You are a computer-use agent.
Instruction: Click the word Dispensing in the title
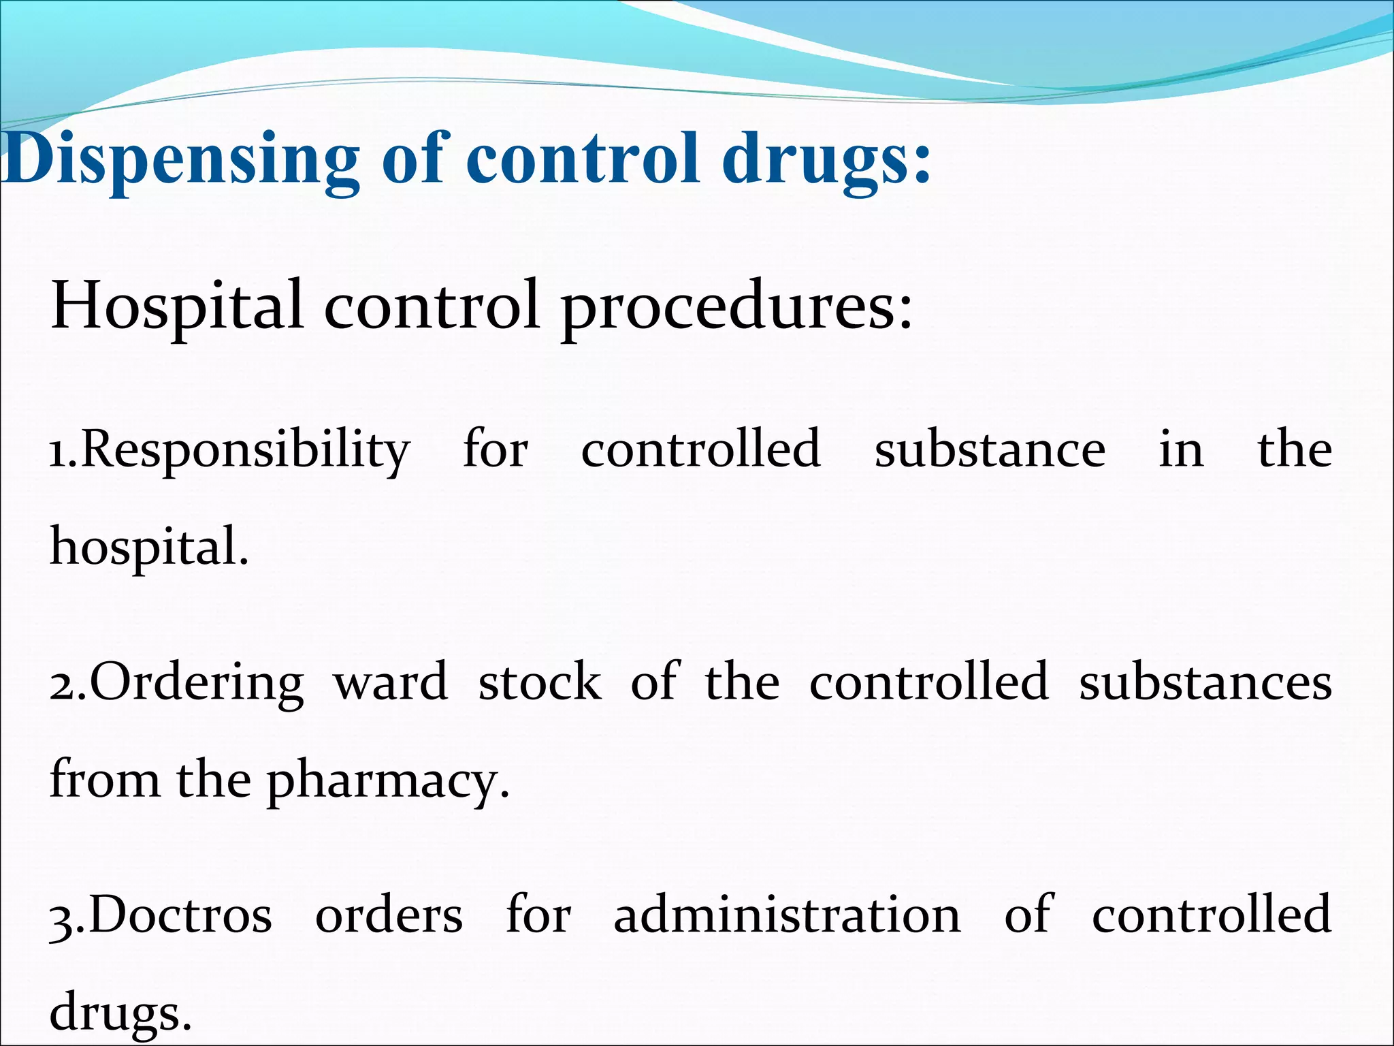click(180, 160)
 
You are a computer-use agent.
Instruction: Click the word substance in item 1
click(990, 449)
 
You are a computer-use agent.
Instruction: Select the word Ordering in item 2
click(197, 683)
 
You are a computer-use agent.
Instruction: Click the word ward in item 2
click(391, 682)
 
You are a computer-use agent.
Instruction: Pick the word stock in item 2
click(540, 682)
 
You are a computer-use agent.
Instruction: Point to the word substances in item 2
click(1205, 682)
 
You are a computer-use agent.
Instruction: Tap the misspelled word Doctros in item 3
click(181, 915)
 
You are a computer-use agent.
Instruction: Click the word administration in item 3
click(787, 915)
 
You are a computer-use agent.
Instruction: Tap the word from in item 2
click(105, 780)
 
